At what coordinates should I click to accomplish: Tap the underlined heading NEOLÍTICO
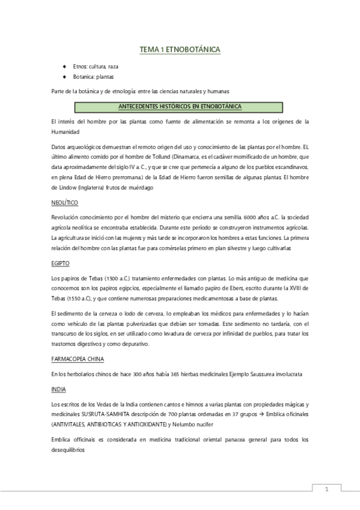66,203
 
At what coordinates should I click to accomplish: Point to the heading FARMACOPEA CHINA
78,358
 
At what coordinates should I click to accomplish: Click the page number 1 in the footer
326,489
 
